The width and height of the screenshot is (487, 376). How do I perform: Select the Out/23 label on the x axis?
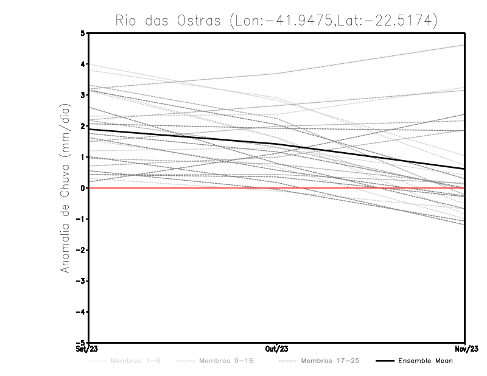pyautogui.click(x=276, y=349)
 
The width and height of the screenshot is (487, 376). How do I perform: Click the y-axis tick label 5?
pyautogui.click(x=83, y=33)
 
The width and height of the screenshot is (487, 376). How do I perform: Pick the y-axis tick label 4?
pyautogui.click(x=83, y=64)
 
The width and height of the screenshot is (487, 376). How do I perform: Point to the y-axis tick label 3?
pyautogui.click(x=83, y=96)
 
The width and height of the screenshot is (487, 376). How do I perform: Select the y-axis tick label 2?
pyautogui.click(x=83, y=126)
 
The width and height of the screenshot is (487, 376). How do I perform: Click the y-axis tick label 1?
pyautogui.click(x=83, y=157)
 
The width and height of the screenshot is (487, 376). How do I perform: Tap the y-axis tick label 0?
pyautogui.click(x=83, y=188)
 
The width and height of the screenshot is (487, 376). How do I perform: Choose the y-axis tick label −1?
pyautogui.click(x=82, y=219)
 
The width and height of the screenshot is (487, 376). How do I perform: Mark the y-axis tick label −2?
pyautogui.click(x=82, y=250)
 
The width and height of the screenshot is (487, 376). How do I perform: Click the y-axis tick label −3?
pyautogui.click(x=82, y=281)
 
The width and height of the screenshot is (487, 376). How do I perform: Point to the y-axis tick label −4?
pyautogui.click(x=82, y=312)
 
